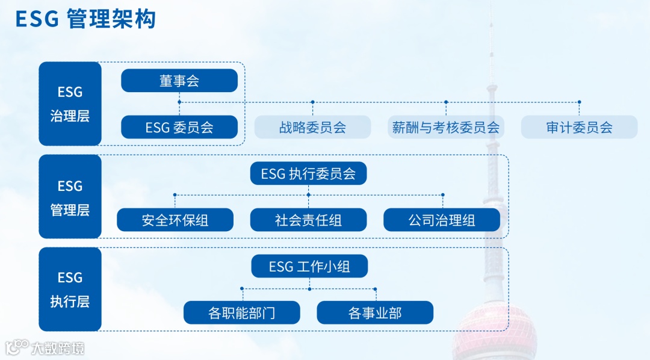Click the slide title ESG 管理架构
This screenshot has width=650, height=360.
[85, 19]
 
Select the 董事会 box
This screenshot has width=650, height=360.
[179, 81]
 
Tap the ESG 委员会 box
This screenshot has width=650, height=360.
[179, 128]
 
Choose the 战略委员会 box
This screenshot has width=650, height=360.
[312, 128]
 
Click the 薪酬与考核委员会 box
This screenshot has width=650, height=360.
[446, 128]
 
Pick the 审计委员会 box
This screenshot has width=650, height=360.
[579, 128]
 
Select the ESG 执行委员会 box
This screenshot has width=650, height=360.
[308, 174]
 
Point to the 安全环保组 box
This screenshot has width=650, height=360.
[175, 220]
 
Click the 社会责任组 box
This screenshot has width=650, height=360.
[308, 220]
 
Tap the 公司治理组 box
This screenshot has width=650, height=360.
[442, 220]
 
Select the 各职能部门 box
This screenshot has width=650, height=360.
[241, 313]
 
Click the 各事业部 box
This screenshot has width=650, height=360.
[375, 313]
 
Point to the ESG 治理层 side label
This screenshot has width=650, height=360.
[70, 104]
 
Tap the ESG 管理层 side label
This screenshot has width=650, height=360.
[70, 197]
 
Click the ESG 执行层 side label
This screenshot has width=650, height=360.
[70, 289]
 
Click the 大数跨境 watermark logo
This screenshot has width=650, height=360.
[45, 348]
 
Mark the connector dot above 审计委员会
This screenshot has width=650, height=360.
[579, 102]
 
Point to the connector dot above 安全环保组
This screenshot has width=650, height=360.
[175, 195]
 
